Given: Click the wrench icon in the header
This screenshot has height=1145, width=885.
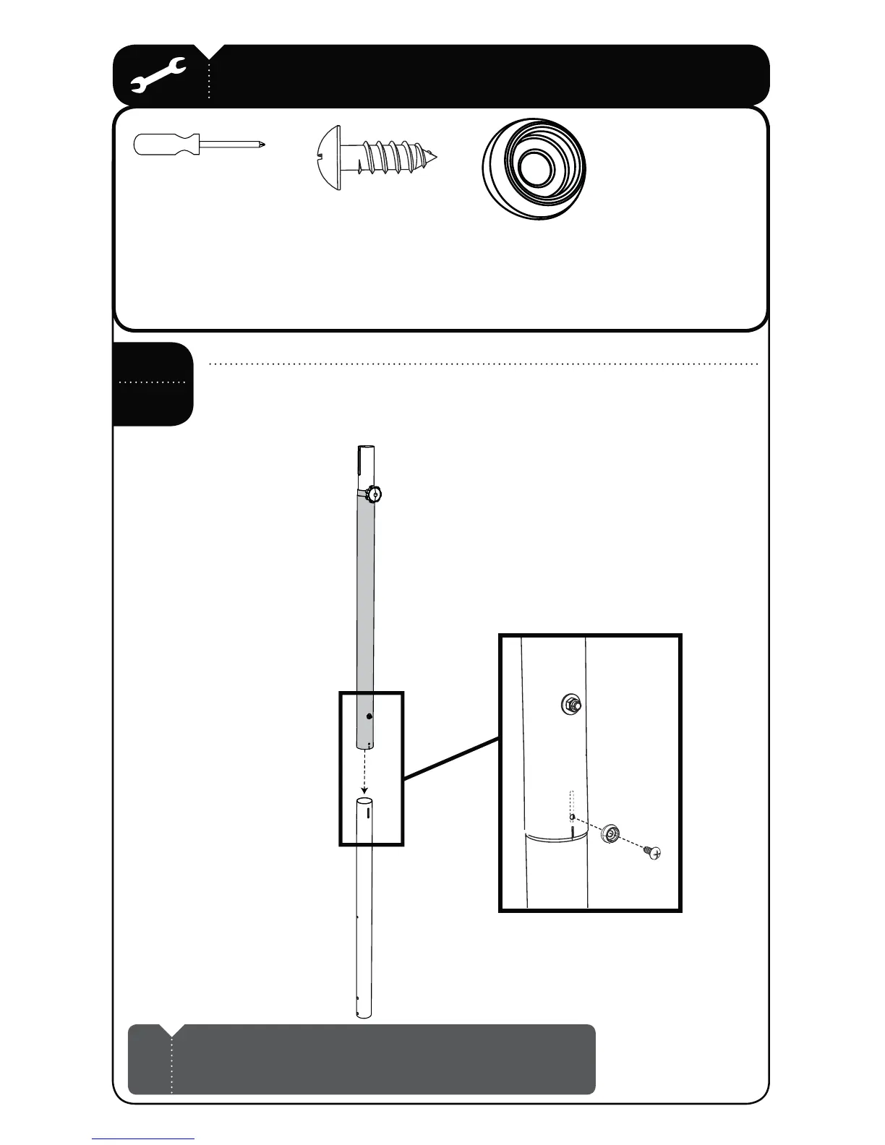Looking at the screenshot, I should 158,75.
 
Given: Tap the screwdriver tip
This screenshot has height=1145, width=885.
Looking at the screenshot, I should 262,145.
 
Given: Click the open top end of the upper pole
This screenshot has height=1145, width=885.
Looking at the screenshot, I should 367,450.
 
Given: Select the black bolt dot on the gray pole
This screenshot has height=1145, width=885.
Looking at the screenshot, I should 369,716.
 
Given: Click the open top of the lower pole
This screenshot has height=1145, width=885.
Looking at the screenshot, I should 366,802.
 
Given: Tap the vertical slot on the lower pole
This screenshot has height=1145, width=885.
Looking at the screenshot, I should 369,813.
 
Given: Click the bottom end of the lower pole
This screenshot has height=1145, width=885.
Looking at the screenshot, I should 364,1013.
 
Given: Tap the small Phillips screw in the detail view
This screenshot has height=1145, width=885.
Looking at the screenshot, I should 654,853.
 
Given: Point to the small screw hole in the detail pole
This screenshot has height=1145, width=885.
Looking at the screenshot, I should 572,818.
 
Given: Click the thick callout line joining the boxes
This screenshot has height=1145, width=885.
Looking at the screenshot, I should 451,757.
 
